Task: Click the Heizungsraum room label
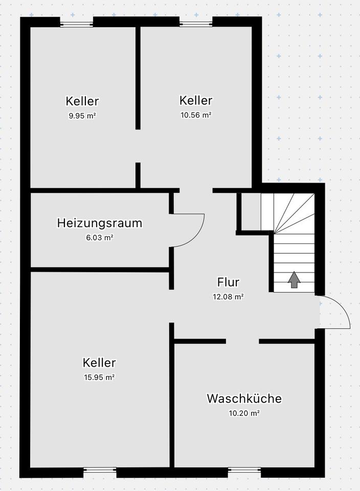[x=100, y=223]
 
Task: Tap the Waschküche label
[x=244, y=398]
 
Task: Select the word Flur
[x=228, y=282]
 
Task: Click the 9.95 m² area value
[x=82, y=116]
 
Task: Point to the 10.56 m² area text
[x=196, y=115]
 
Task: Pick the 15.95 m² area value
[x=99, y=377]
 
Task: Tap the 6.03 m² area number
[x=100, y=237]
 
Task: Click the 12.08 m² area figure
[x=228, y=296]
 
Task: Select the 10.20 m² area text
[x=244, y=413]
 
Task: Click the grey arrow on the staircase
[x=294, y=280]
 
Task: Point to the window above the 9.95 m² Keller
[x=77, y=23]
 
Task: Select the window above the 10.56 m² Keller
[x=196, y=23]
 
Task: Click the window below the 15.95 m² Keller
[x=100, y=469]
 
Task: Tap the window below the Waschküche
[x=244, y=469]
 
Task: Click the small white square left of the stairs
[x=251, y=212]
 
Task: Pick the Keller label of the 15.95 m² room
[x=99, y=363]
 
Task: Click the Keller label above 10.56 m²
[x=196, y=100]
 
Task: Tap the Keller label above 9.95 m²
[x=82, y=101]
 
